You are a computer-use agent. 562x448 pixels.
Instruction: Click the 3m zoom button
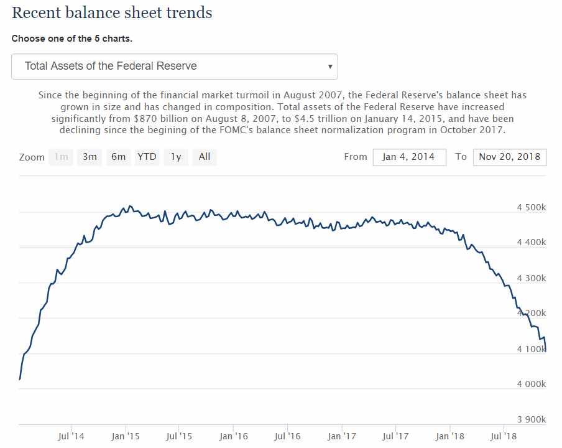[90, 157]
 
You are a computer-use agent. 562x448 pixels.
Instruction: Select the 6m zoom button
[119, 157]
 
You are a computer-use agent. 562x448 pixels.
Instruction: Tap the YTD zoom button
[147, 157]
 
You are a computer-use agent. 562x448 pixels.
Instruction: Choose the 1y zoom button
[176, 157]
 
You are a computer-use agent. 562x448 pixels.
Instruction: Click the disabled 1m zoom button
[61, 157]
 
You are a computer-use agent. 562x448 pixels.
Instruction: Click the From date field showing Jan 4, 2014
[410, 157]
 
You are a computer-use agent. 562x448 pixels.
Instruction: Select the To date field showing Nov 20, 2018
[509, 157]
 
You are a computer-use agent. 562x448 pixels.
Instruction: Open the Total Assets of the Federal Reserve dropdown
[174, 66]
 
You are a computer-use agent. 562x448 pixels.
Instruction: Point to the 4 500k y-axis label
[531, 207]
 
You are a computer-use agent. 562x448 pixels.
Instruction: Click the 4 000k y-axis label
[531, 384]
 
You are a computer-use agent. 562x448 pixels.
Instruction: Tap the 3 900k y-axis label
[531, 419]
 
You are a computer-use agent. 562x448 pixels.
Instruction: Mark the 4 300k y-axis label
[531, 278]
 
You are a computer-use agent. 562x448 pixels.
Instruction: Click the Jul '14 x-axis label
[71, 436]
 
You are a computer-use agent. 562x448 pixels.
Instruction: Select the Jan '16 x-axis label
[234, 436]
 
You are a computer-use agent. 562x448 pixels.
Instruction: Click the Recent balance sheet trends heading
[112, 12]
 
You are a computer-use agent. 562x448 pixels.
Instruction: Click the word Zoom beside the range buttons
[32, 157]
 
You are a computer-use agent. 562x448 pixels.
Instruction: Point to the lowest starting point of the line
[20, 378]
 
